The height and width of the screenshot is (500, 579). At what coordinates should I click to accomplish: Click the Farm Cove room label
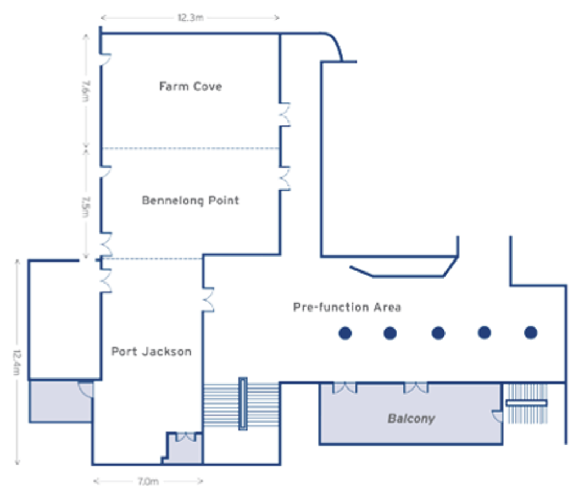pos(190,86)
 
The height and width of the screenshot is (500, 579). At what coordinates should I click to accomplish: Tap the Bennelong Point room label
pos(190,201)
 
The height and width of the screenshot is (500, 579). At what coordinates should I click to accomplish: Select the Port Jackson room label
pos(151,351)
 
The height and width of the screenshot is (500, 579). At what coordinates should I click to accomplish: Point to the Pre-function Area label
pos(347,307)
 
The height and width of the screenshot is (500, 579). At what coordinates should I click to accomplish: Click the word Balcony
pos(411,419)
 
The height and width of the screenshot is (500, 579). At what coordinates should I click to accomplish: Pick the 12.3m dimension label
pos(190,18)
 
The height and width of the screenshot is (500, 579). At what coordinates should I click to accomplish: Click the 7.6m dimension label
pos(85,91)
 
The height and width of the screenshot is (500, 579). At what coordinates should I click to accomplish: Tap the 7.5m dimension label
pos(85,204)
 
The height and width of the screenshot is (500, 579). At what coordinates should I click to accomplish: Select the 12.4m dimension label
pos(18,362)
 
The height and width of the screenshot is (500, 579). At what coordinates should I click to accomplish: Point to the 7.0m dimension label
pos(148,482)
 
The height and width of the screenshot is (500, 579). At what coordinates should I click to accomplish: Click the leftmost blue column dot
pos(345,332)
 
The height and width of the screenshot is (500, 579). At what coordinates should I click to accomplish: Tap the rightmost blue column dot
pos(530,332)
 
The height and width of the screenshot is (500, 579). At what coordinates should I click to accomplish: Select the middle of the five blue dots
pos(438,332)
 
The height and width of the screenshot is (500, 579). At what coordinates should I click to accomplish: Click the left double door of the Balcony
pos(344,387)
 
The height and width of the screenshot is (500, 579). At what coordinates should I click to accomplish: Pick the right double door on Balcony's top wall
pos(416,387)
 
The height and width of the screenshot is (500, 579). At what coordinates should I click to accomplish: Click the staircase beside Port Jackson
pos(242,404)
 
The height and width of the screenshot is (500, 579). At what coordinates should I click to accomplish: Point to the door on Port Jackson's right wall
pos(208,300)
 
